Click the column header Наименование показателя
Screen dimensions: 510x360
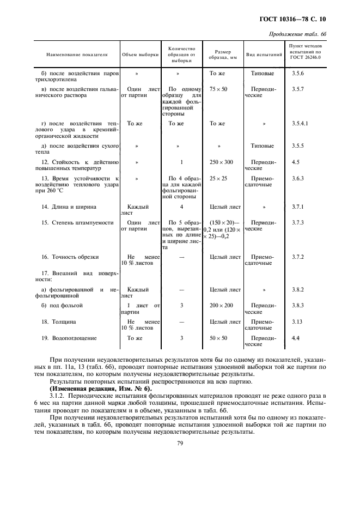[77, 55]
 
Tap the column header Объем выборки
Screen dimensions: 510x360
[140, 55]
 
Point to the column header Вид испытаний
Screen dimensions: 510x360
[264, 55]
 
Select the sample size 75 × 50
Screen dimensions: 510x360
[218, 89]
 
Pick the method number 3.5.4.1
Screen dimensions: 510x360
[300, 124]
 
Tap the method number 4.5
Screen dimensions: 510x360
[296, 162]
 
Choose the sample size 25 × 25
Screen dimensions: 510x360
[218, 178]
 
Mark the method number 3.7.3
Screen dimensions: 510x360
[298, 223]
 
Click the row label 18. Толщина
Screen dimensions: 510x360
[63, 322]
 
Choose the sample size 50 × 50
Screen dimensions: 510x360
[218, 338]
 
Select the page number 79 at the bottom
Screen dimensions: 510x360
[180, 444]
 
